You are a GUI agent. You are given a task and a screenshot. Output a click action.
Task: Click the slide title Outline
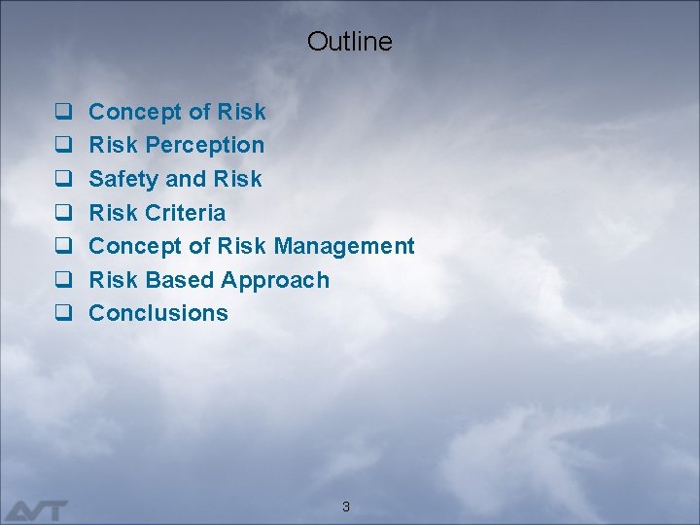pos(350,41)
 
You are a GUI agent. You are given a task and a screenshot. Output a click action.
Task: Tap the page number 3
pos(346,507)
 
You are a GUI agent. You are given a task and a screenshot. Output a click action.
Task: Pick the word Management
pos(344,247)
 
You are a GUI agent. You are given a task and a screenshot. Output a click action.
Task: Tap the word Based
pos(180,280)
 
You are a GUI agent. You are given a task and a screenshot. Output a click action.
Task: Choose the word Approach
pos(275,281)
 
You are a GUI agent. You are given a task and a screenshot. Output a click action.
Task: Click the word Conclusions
pos(158,313)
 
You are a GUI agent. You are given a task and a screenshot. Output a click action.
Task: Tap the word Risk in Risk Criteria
pos(113,213)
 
